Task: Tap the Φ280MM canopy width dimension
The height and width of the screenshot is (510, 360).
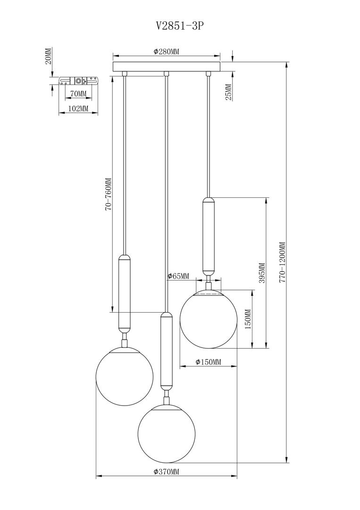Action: click(167, 52)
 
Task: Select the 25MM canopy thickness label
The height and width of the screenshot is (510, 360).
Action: click(228, 92)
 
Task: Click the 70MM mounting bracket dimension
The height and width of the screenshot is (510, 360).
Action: click(78, 94)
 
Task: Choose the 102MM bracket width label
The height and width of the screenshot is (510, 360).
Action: click(78, 109)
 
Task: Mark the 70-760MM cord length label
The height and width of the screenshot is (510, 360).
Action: click(108, 194)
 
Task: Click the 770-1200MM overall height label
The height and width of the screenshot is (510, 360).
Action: click(282, 263)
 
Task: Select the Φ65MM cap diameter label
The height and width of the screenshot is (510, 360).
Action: click(178, 276)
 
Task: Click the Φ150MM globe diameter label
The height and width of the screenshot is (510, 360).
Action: click(208, 362)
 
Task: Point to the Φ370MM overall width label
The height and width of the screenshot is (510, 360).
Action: click(167, 472)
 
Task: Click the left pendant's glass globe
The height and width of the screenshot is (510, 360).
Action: click(124, 376)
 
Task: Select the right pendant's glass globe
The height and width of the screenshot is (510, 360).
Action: click(208, 319)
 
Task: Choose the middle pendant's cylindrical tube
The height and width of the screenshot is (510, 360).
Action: click(166, 350)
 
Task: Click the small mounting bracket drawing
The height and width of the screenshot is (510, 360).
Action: click(79, 81)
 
